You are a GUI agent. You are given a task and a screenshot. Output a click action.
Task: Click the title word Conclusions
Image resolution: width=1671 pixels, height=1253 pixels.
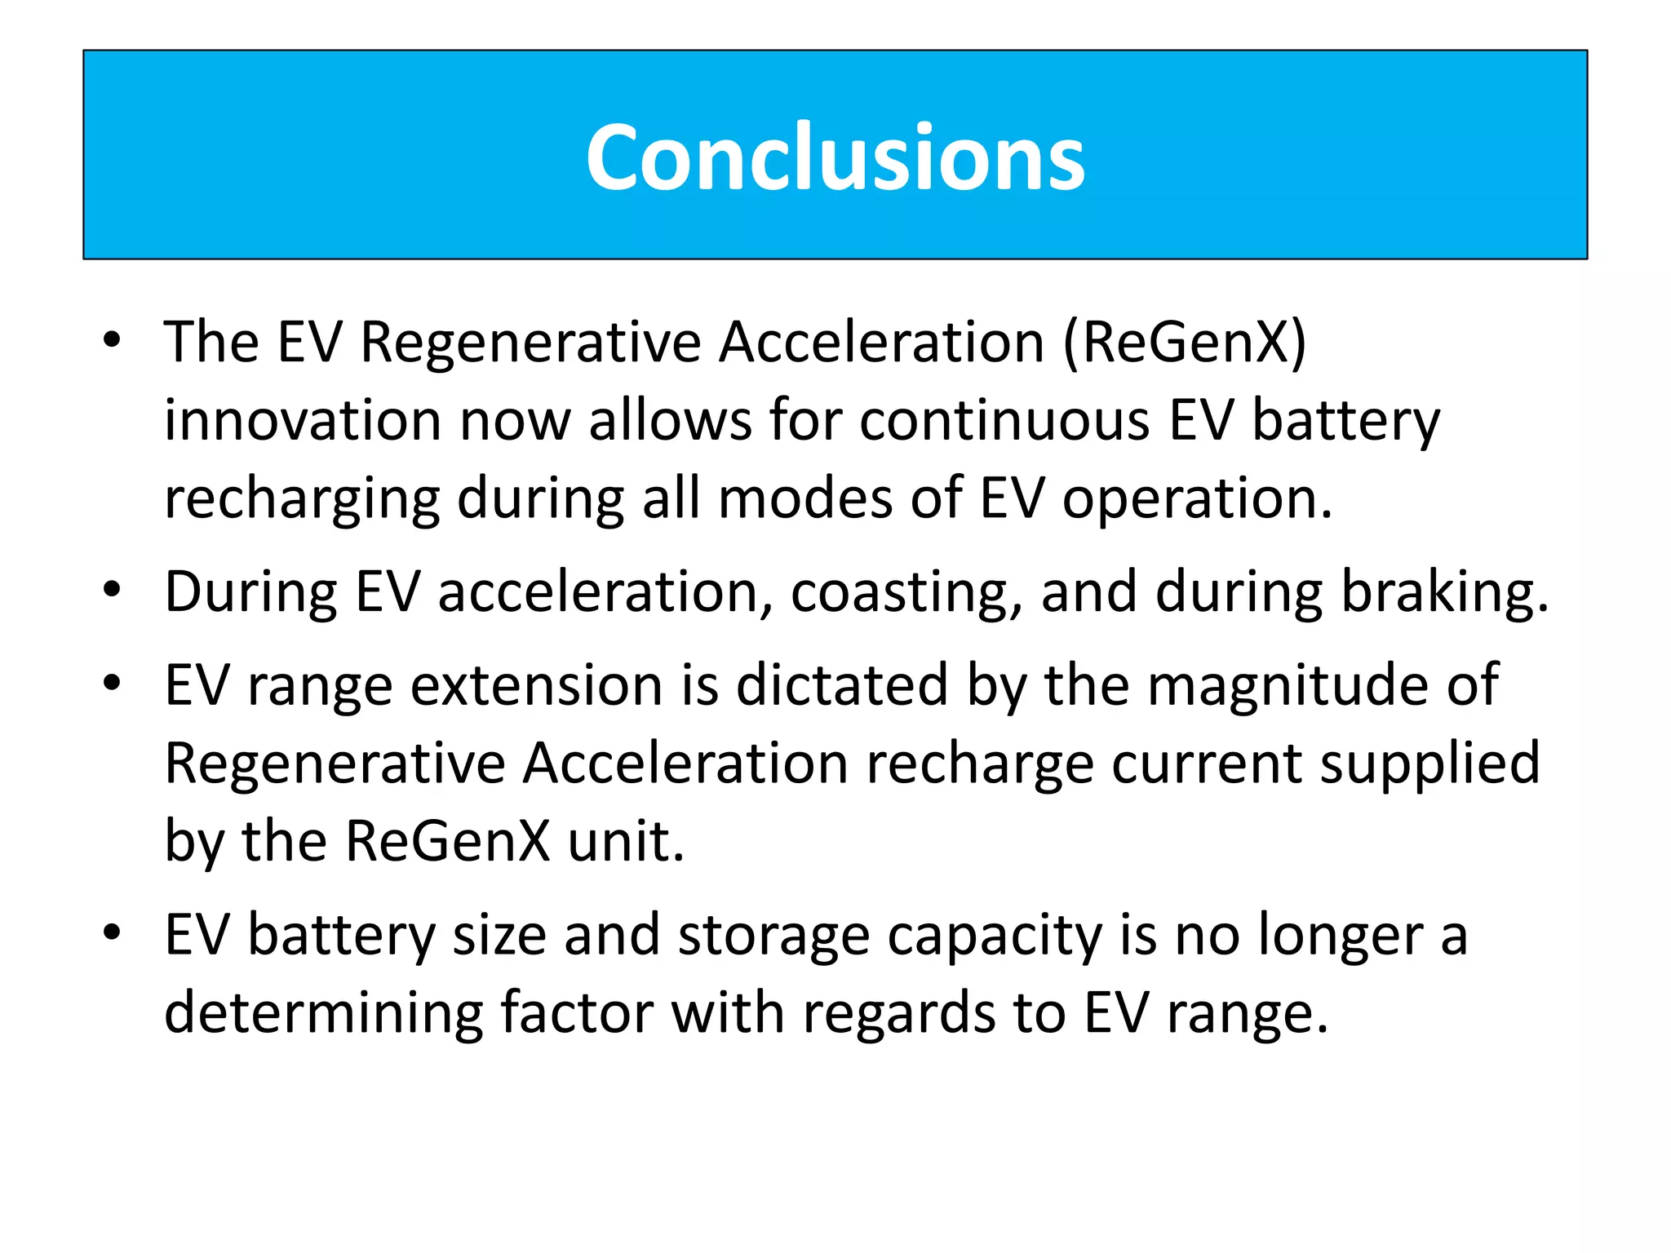pyautogui.click(x=835, y=157)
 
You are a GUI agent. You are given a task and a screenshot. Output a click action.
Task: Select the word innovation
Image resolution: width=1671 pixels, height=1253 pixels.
pyautogui.click(x=303, y=420)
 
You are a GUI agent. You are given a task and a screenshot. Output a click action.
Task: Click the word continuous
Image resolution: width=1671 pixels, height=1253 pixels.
pyautogui.click(x=1004, y=420)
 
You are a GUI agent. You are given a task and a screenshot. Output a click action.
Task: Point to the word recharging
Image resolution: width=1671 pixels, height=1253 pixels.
pyautogui.click(x=301, y=499)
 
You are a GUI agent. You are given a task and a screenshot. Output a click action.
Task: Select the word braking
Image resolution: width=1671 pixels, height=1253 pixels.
pyautogui.click(x=1445, y=591)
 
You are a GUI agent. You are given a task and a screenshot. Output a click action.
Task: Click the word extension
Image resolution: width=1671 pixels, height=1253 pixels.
pyautogui.click(x=536, y=684)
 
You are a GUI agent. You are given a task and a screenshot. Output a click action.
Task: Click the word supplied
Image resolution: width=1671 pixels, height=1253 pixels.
pyautogui.click(x=1430, y=764)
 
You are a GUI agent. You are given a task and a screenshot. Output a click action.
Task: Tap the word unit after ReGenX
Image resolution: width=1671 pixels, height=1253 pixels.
pyautogui.click(x=626, y=841)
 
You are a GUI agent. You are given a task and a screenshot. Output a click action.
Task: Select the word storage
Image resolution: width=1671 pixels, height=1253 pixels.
pyautogui.click(x=773, y=935)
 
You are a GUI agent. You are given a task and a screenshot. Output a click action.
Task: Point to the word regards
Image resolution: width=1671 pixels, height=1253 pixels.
pyautogui.click(x=899, y=1013)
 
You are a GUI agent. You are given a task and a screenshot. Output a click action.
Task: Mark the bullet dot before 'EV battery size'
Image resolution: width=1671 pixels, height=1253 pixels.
pyautogui.click(x=113, y=932)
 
